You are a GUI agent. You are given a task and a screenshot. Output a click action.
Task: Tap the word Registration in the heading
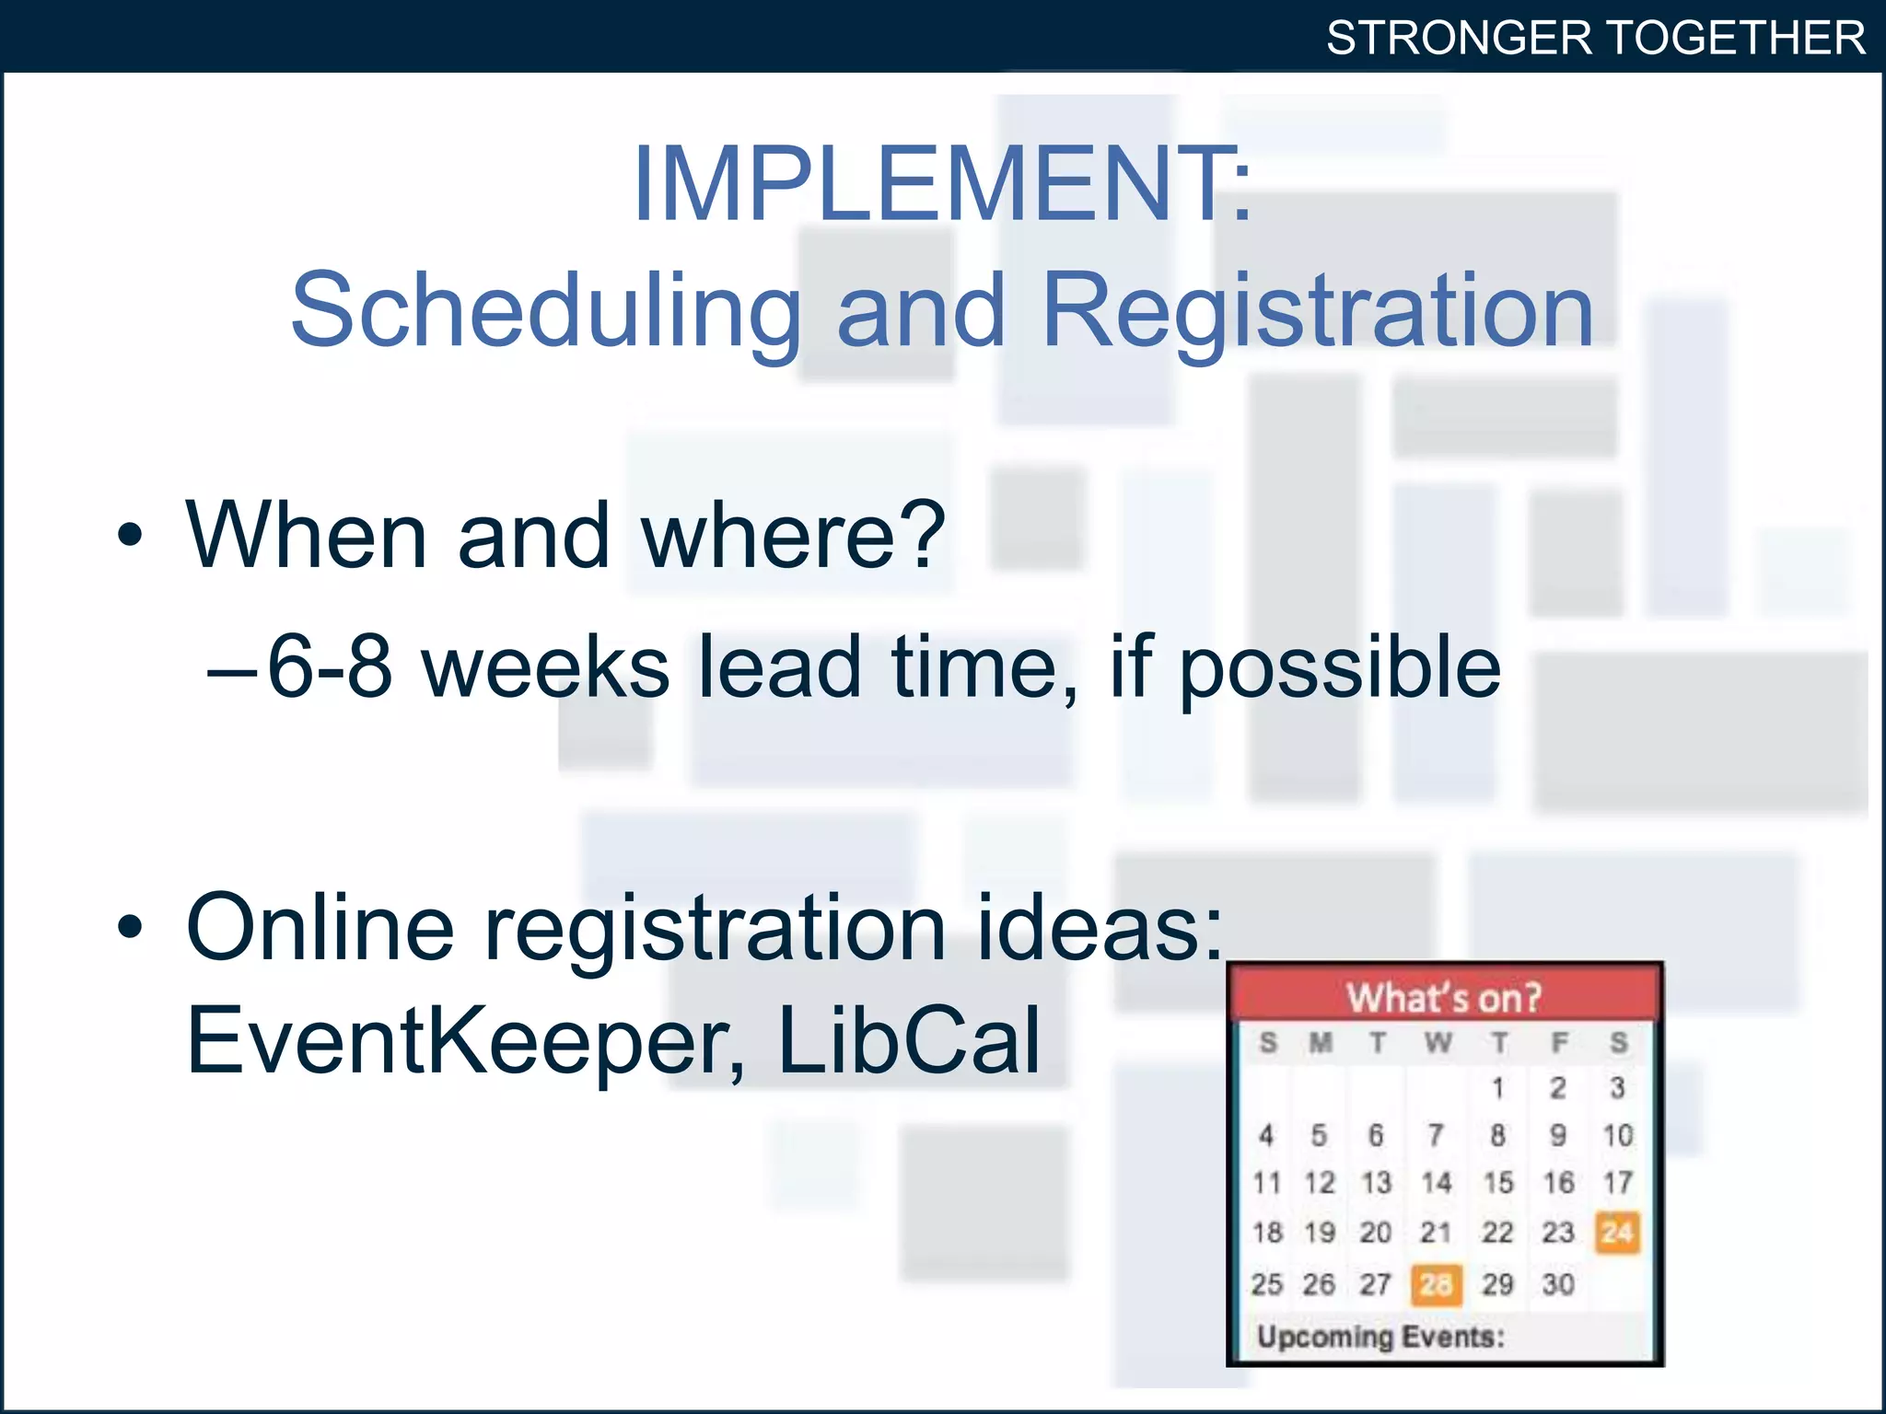pos(1317,313)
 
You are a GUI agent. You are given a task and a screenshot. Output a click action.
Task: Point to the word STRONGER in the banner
pos(1458,39)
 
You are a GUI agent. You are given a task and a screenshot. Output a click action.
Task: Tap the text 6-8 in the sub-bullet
pos(329,667)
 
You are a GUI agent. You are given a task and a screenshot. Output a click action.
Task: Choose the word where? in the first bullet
pos(792,536)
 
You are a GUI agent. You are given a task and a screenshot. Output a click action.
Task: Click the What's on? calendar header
pos(1443,997)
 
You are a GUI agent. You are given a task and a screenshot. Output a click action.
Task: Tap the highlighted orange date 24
pos(1617,1232)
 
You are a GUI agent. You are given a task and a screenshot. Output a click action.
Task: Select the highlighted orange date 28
pos(1436,1284)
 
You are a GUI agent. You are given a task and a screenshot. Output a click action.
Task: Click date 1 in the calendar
pos(1497,1088)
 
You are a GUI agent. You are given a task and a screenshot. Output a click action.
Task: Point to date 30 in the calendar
pos(1557,1284)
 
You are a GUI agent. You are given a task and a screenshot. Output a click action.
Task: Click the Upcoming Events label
pos(1380,1337)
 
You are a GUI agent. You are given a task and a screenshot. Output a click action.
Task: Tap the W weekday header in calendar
pos(1438,1043)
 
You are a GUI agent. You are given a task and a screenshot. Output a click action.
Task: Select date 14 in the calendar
pos(1436,1183)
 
